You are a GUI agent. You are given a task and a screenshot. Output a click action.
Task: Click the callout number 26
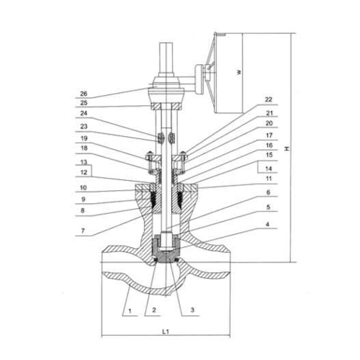[84, 94]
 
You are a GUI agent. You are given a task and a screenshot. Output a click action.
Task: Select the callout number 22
[269, 99]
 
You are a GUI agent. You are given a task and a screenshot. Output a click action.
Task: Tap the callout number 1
[130, 311]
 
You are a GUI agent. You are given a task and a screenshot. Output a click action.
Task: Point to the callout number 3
[192, 310]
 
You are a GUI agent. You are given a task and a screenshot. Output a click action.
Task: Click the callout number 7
[83, 231]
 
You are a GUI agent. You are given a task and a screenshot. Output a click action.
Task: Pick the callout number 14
[269, 168]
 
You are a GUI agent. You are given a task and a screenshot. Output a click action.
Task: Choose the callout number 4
[268, 225]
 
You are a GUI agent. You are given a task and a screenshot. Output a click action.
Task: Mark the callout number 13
[84, 162]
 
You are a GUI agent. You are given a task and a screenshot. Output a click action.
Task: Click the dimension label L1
[166, 332]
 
